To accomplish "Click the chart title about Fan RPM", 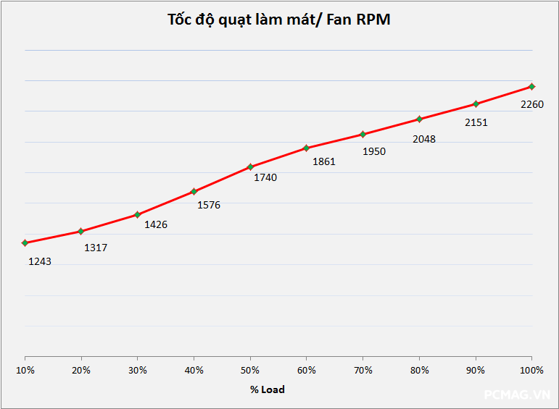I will point(279,20).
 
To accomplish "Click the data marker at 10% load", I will point(25,243).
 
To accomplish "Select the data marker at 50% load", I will point(251,166).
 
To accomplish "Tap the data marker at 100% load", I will point(532,86).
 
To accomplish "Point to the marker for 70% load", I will point(363,134).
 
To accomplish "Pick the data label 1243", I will point(40,261).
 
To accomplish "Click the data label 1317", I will point(96,248).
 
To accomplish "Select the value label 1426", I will point(156,224).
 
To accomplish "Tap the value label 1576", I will point(209,205).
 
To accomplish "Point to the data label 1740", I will point(265,177).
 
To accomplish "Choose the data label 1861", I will point(324,161).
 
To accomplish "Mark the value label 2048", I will point(424,139).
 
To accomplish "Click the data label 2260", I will point(532,104).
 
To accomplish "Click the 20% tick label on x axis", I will point(81,370).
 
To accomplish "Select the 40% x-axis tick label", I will point(194,370).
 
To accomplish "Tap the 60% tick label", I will point(307,370).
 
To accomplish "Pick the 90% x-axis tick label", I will point(476,370).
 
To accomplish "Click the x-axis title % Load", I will point(268,389).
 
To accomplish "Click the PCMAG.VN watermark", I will point(518,395).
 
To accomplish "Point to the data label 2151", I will point(476,122).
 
